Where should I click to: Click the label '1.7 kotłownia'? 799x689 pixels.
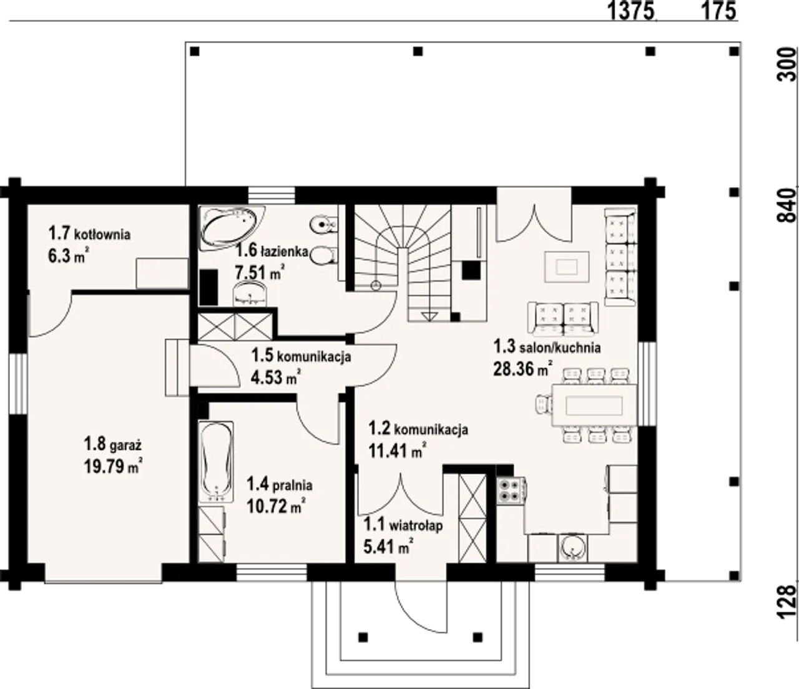(x=89, y=234)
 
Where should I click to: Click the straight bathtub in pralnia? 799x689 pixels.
(x=217, y=462)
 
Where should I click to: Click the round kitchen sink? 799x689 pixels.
(x=573, y=547)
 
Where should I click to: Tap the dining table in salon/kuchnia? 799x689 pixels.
(x=594, y=406)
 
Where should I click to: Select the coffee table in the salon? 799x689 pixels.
(x=567, y=266)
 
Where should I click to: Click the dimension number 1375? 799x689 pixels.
(x=631, y=11)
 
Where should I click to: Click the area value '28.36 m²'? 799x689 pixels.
(x=522, y=369)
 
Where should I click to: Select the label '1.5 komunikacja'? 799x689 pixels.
(x=301, y=355)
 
